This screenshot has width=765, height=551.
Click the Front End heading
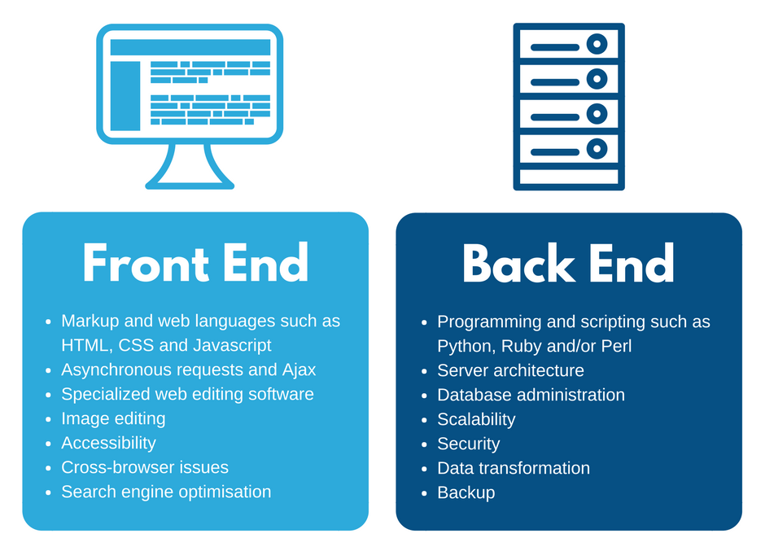195,263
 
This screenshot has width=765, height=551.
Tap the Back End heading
568,263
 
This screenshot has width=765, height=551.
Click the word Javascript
231,345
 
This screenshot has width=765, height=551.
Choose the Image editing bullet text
113,418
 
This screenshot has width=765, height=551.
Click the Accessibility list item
108,443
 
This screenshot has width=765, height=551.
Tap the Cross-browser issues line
145,467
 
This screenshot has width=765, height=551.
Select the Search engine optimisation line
166,492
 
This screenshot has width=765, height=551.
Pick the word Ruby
522,345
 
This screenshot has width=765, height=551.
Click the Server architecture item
510,370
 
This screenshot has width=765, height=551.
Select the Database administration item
531,395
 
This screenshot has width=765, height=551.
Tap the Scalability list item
476,419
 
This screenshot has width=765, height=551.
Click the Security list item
468,444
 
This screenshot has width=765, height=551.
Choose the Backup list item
466,492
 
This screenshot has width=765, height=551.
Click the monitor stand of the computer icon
190,167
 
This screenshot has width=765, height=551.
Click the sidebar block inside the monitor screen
125,95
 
